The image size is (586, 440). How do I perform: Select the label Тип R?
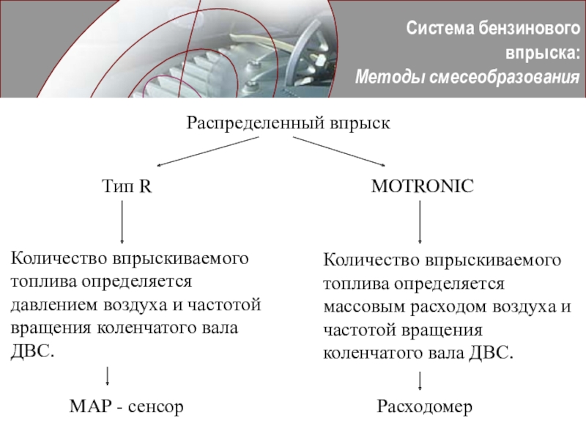coord(126,186)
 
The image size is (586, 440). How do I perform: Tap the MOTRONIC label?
coord(423,186)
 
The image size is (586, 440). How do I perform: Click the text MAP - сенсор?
coord(125,406)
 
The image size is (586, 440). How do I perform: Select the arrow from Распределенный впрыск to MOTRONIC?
coord(338,151)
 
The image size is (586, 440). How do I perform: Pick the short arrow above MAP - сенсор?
coord(108,375)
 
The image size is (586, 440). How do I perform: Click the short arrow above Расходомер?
coord(420,381)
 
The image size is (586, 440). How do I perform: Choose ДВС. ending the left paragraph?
coord(33,350)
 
